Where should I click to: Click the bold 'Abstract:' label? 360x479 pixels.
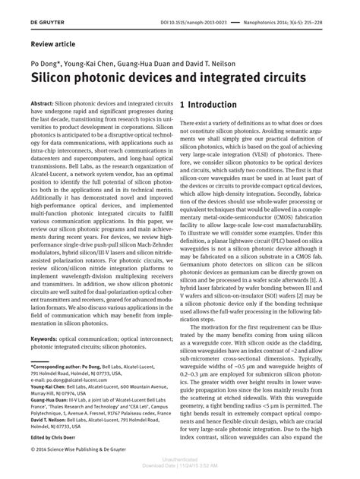pyautogui.click(x=44, y=101)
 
